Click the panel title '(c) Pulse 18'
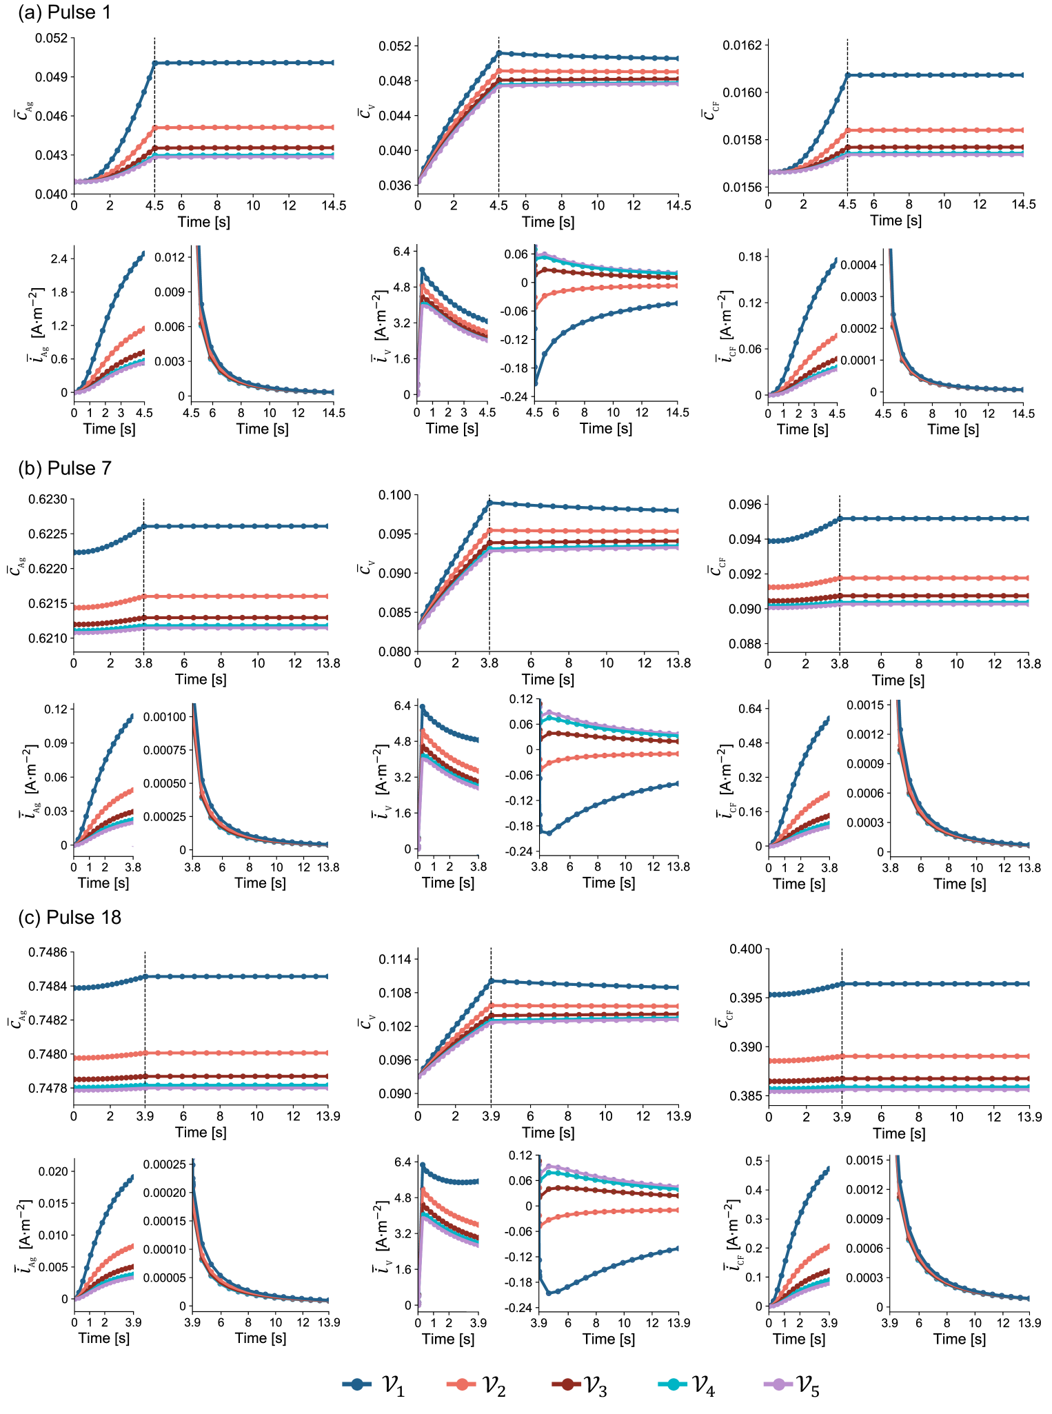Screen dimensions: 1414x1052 pos(69,918)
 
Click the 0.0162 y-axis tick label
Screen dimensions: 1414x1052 pos(742,46)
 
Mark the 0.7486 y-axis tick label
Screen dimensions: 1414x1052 pos(48,953)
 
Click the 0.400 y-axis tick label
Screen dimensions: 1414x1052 pos(746,949)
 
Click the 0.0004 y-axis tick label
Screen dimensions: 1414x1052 pos(858,265)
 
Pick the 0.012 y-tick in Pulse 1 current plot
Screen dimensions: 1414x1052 pos(170,257)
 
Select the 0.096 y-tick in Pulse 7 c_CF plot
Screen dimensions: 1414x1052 pos(746,505)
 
